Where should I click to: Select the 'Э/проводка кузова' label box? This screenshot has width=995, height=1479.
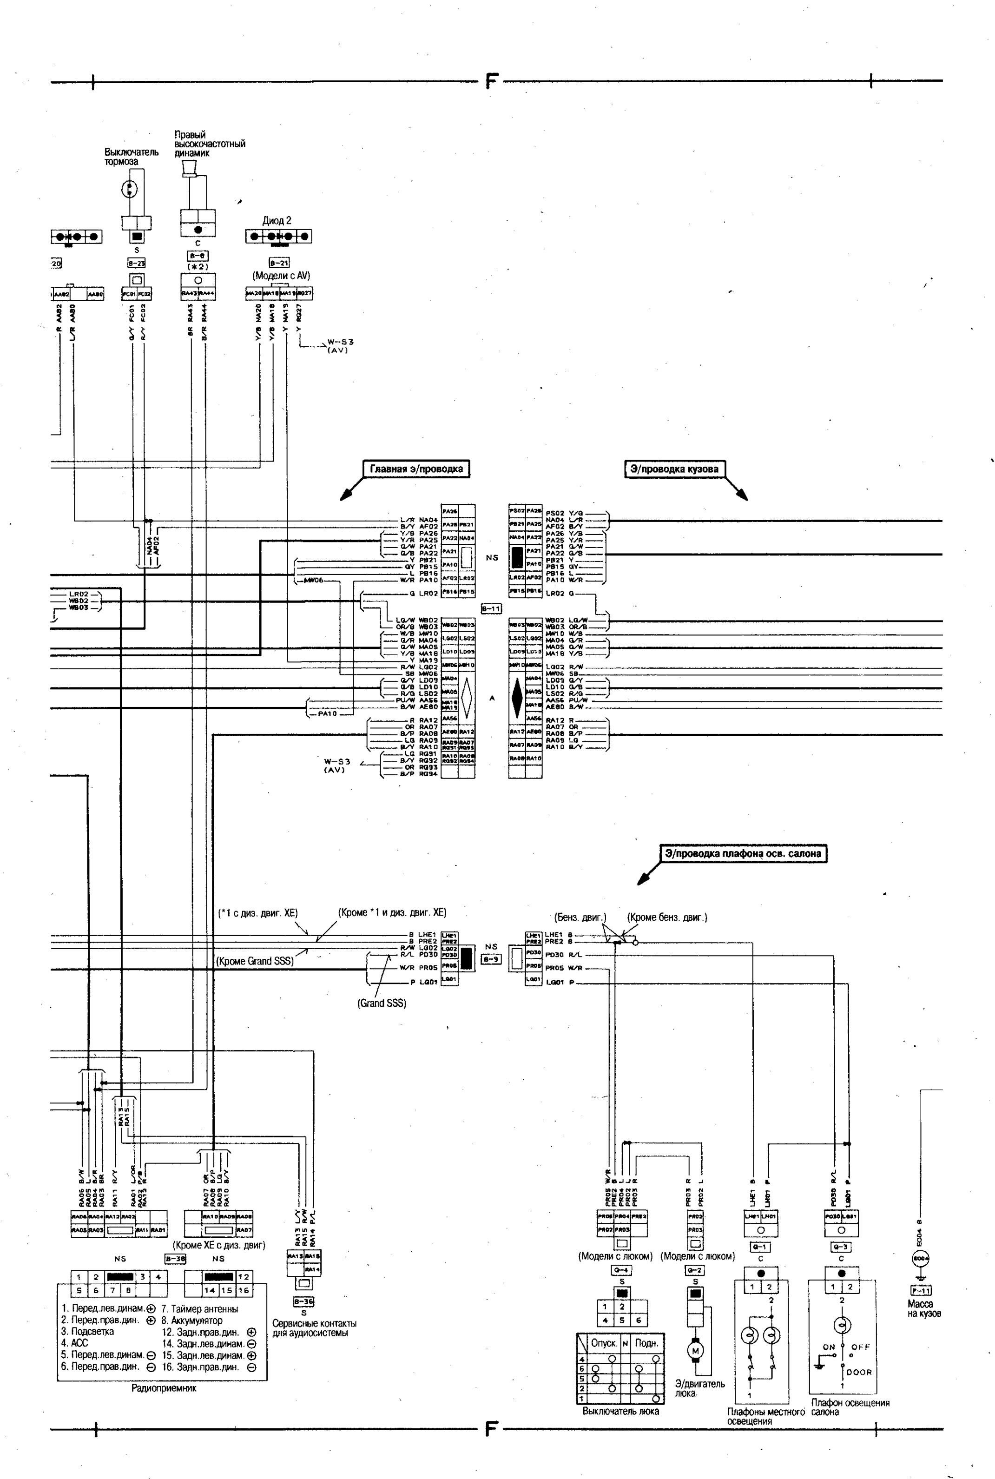674,469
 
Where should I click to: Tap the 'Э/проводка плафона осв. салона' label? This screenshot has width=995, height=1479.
743,853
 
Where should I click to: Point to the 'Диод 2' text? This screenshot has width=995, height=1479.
277,221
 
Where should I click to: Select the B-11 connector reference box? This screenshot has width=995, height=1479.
491,608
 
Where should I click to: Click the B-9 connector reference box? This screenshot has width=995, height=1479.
491,959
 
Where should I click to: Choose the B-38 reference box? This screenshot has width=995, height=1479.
175,1259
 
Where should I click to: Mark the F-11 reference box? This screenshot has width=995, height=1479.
921,1290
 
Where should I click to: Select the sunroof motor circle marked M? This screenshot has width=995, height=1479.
695,1351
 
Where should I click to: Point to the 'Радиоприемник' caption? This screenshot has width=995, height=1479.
164,1388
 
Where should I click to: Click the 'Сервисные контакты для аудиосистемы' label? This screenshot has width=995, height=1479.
314,1328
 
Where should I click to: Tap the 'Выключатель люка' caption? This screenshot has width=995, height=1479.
620,1411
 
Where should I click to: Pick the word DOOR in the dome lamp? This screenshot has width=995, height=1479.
859,1373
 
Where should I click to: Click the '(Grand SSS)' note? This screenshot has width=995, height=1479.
382,1003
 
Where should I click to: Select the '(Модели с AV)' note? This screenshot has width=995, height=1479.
281,276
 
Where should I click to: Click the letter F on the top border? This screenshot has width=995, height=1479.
490,80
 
